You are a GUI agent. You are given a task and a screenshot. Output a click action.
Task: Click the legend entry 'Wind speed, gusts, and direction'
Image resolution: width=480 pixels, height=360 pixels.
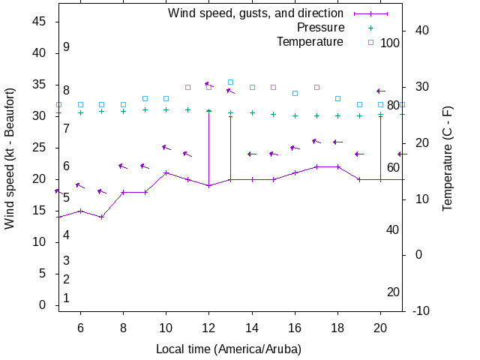(x=255, y=13)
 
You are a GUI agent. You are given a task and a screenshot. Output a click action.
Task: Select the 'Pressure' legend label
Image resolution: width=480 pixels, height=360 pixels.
(x=320, y=28)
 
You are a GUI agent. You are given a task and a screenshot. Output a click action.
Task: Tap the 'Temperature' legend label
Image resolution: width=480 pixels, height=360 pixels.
(x=310, y=42)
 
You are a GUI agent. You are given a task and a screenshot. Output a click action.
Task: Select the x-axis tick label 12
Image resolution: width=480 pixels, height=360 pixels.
(x=209, y=327)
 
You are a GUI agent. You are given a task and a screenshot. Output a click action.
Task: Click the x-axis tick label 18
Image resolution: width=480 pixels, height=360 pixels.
(x=338, y=327)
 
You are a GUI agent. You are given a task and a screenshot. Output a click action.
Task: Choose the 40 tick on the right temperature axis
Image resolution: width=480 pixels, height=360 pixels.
(x=421, y=31)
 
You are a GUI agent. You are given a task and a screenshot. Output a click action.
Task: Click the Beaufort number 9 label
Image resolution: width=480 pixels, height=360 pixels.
(x=66, y=47)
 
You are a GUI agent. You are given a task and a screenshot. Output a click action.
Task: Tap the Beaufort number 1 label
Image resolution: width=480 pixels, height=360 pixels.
(x=66, y=298)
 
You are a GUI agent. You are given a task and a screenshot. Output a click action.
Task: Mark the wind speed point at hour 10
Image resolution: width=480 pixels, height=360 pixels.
(x=166, y=172)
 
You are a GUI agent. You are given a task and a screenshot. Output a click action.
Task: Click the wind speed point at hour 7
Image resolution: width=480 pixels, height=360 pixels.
(x=102, y=217)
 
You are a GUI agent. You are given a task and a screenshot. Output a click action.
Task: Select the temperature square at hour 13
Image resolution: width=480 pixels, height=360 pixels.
(x=231, y=82)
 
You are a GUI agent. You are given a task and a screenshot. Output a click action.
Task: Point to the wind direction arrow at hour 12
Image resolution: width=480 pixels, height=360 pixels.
(x=209, y=85)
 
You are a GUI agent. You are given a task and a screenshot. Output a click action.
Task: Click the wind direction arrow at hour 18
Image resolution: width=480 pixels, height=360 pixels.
(x=337, y=142)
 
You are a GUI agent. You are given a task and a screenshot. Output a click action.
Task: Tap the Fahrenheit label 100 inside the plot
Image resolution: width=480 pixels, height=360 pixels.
(x=390, y=43)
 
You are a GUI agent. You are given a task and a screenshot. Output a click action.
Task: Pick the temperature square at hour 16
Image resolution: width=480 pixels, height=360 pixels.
(x=295, y=93)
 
